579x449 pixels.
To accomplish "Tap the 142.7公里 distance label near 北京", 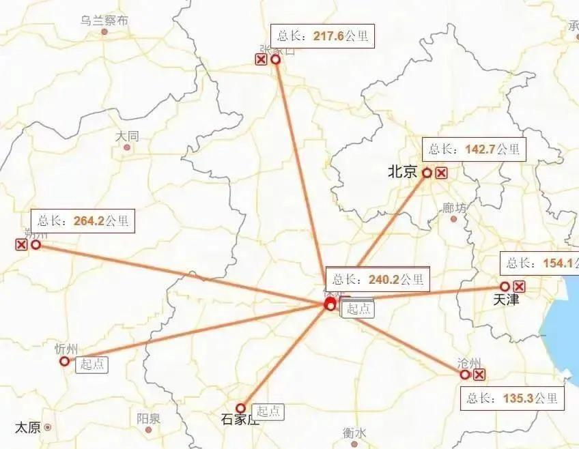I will [x=475, y=149].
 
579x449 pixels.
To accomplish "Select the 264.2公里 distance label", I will [x=83, y=221].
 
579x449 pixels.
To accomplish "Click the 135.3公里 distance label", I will [x=513, y=398].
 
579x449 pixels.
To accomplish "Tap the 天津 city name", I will [x=506, y=300].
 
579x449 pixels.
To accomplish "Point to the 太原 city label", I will [x=28, y=428].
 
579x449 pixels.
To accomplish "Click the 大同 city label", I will [x=127, y=136].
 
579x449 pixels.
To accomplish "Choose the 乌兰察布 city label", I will [x=104, y=20].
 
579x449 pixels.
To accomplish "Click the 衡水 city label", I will [x=354, y=433].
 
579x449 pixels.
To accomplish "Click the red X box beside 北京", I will [x=442, y=173].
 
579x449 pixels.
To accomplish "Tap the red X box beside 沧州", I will [x=479, y=375].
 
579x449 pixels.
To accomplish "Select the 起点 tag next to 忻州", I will [x=91, y=364].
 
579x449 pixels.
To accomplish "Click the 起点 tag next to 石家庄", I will [x=268, y=411].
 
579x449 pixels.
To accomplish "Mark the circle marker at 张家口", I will [x=276, y=60].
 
